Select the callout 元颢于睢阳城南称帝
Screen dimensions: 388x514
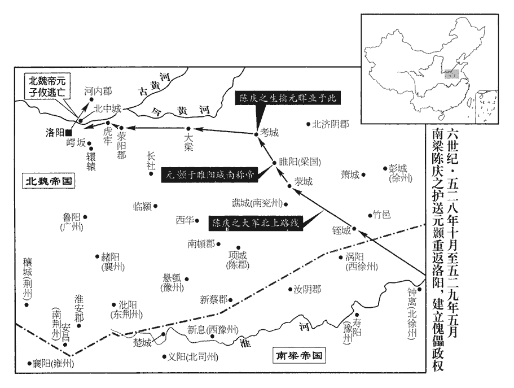pos(210,175)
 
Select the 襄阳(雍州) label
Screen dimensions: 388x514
pos(54,364)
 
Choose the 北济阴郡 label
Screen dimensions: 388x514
pos(331,124)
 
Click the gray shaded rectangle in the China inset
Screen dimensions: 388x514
pos(450,73)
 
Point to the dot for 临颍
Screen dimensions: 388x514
pos(155,206)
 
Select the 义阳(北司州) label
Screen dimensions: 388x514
pos(190,357)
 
